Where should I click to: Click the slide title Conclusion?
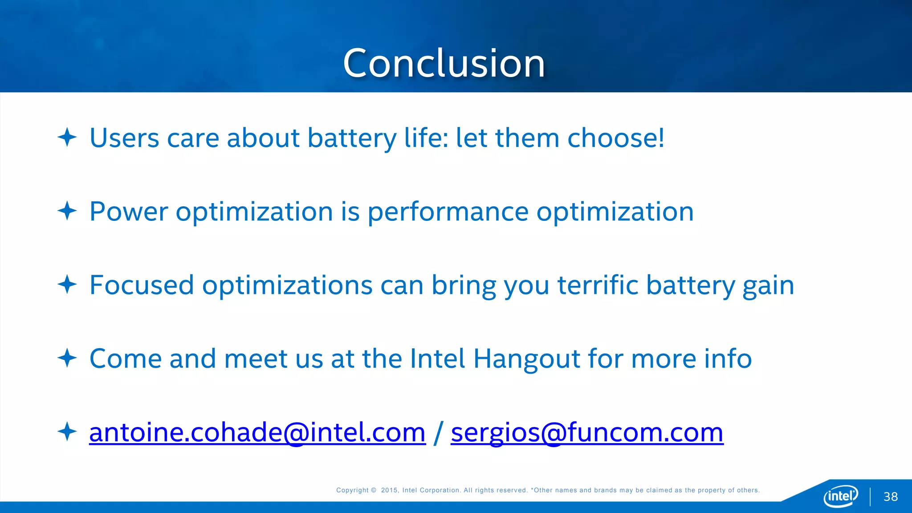pos(444,63)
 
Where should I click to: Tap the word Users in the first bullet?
pos(124,138)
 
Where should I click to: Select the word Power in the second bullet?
pos(129,212)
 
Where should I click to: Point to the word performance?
pos(448,212)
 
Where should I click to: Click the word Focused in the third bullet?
pos(142,285)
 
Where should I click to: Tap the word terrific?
pos(598,285)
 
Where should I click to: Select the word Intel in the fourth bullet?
pos(437,358)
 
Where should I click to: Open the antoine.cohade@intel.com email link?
pos(257,432)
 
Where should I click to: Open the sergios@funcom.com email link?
pos(587,432)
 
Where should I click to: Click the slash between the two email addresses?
pos(438,432)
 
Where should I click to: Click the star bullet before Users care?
pos(67,137)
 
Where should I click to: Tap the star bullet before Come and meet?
pos(67,358)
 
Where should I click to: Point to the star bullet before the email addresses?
pos(67,432)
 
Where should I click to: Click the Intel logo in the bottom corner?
pos(841,496)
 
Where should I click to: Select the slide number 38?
pos(891,497)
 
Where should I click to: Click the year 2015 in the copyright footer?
pos(389,490)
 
